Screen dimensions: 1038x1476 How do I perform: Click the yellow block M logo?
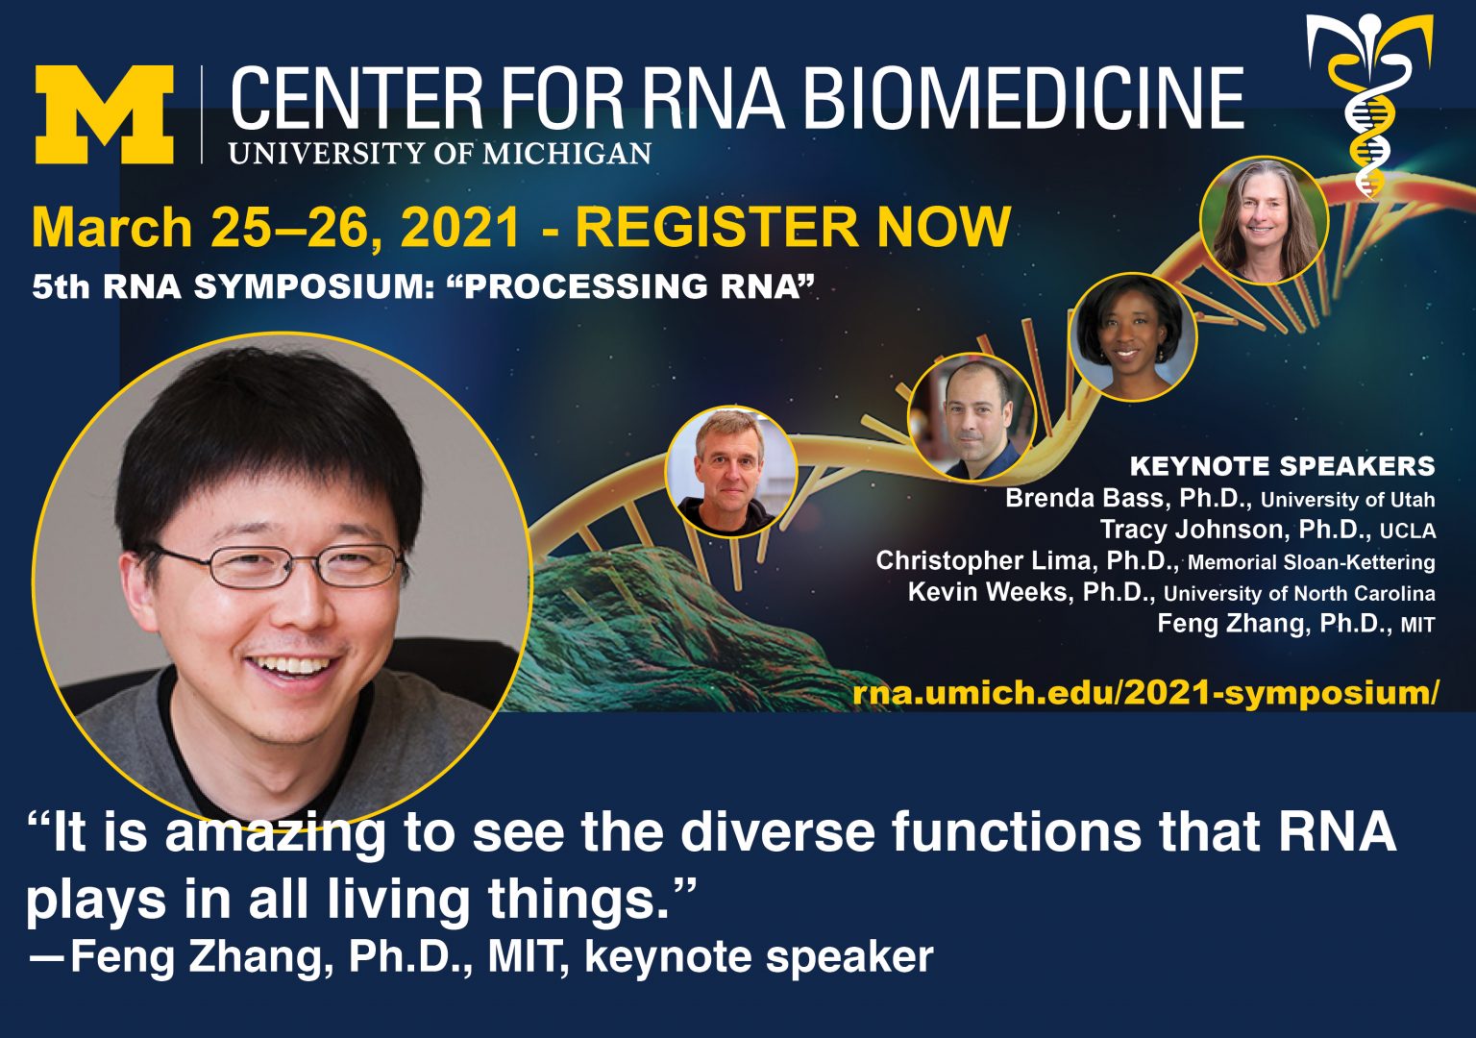104,114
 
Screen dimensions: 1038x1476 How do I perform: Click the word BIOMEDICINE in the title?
1022,99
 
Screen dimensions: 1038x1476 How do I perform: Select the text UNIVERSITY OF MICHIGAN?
440,154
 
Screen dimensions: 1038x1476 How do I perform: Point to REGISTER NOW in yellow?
793,227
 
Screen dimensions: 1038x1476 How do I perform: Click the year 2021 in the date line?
460,227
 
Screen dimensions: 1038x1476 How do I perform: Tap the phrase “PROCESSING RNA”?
631,286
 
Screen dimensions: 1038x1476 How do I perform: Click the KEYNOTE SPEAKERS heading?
1282,466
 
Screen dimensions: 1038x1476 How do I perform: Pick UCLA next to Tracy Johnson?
1408,531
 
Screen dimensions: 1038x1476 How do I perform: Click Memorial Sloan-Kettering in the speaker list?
1311,562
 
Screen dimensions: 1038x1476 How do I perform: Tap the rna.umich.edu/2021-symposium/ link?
1145,693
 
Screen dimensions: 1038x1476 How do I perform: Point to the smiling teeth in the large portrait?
294,664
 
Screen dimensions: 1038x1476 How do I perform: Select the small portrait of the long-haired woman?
1264,220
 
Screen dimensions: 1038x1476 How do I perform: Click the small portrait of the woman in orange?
1132,336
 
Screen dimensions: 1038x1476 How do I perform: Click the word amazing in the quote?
274,832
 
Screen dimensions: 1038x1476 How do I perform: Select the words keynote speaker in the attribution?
758,957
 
